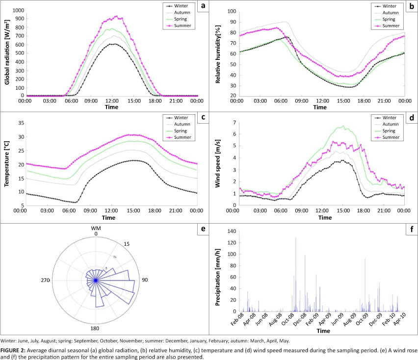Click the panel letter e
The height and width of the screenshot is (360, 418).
pyautogui.click(x=203, y=229)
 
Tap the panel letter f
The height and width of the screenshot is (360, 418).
pyautogui.click(x=411, y=229)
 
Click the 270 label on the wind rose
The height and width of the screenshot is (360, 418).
pyautogui.click(x=45, y=280)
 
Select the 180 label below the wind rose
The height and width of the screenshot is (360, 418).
pyautogui.click(x=95, y=328)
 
